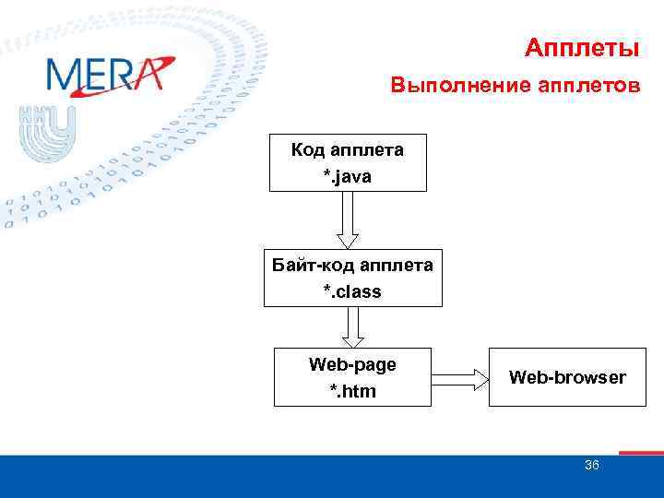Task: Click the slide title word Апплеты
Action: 581,47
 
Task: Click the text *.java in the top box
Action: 347,175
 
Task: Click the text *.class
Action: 351,291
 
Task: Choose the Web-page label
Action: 352,364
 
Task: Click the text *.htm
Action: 352,391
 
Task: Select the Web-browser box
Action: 567,377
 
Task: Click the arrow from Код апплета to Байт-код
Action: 348,219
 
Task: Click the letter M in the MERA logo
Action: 63,75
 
